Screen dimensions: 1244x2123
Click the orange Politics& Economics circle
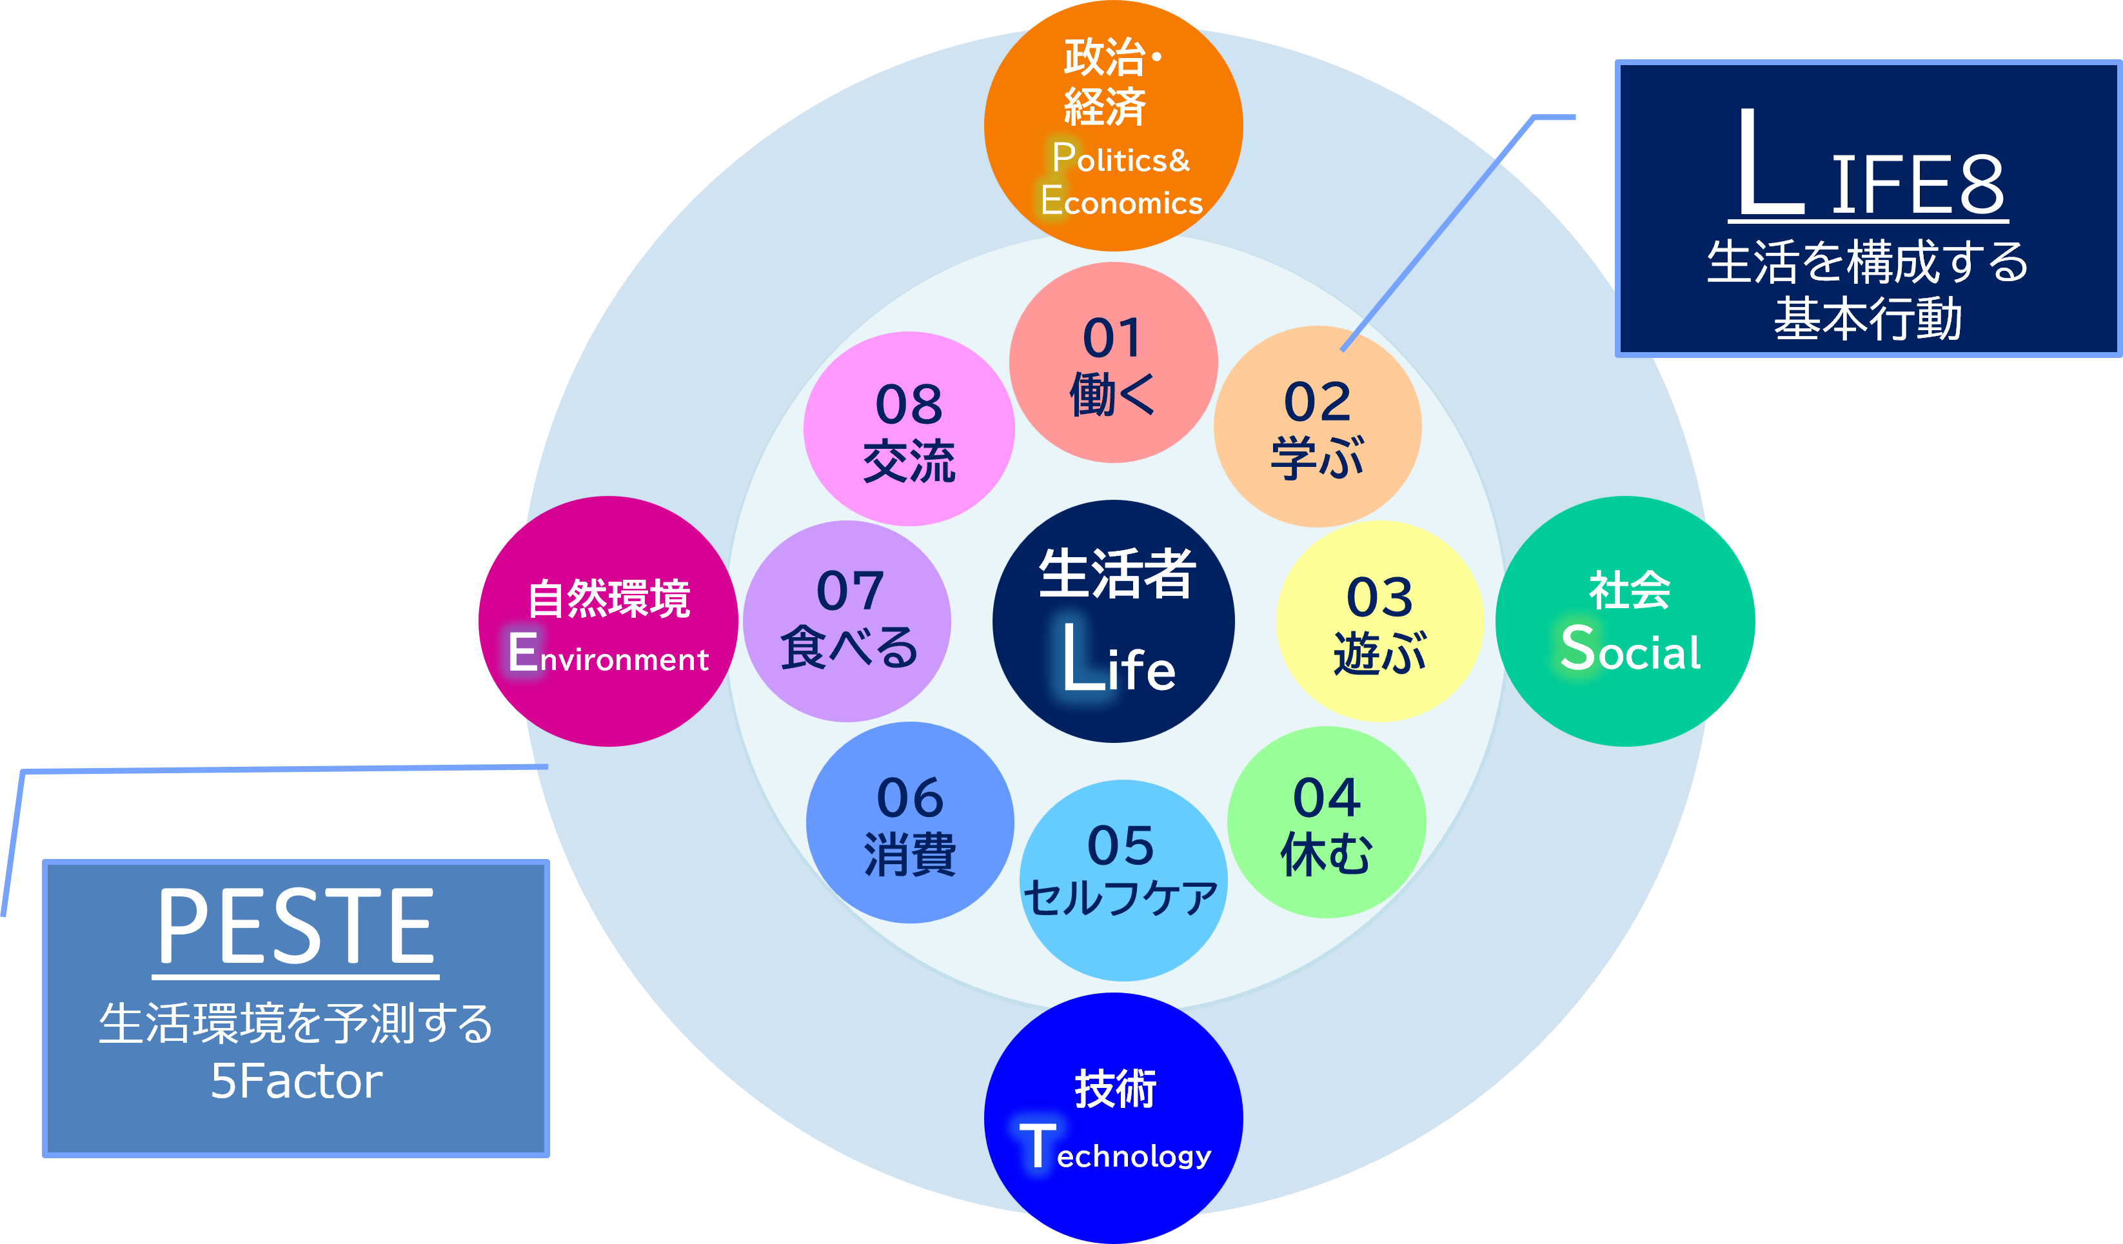point(1113,126)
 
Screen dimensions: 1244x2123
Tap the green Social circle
point(1625,622)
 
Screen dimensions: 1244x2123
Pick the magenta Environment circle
point(608,622)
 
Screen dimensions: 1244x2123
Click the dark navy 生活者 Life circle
point(1113,622)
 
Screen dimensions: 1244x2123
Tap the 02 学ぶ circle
point(1318,427)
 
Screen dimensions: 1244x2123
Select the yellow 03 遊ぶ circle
point(1380,622)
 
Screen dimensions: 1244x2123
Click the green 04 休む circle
point(1327,823)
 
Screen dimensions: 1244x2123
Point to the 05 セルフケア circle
point(1121,880)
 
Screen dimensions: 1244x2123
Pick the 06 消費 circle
point(910,823)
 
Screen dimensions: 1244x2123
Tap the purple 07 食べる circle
point(847,622)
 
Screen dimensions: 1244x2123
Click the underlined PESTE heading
point(296,927)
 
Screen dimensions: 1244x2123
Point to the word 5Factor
point(296,1081)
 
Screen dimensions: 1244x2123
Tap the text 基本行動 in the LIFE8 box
point(1868,319)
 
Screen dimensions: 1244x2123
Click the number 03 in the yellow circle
point(1379,597)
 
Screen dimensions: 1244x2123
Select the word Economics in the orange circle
point(1121,202)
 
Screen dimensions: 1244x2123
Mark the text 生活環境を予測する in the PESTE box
point(296,1024)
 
